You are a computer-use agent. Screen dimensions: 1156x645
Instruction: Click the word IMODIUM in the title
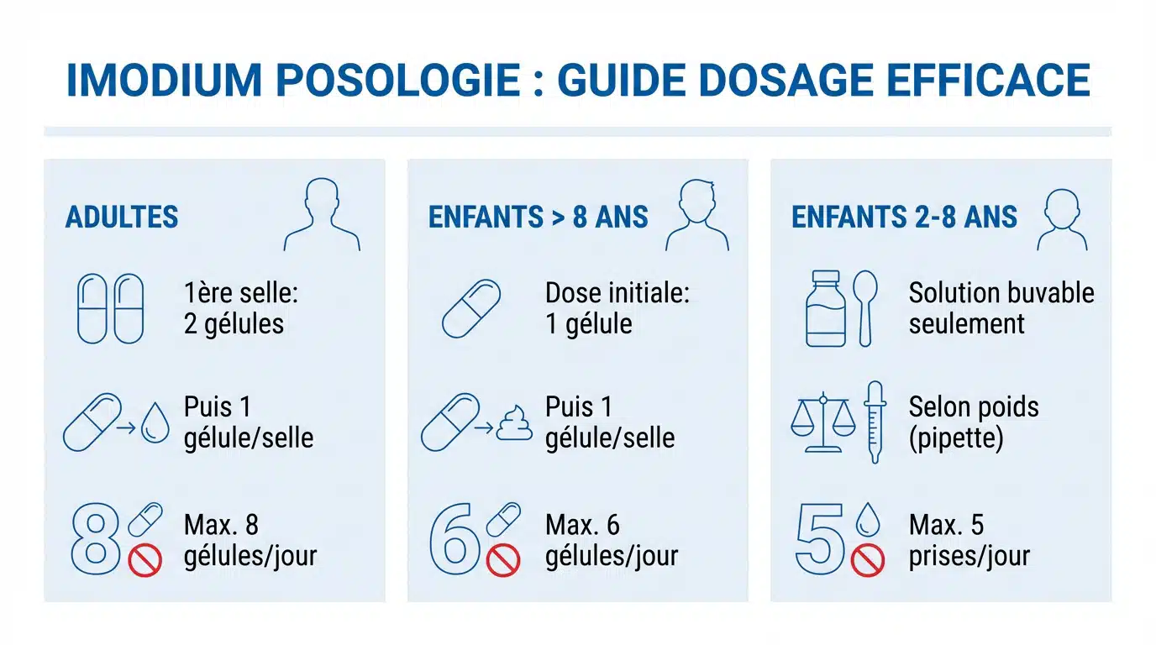click(164, 80)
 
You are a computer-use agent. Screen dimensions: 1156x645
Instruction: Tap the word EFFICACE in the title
click(989, 80)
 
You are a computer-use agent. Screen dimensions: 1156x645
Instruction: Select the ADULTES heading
click(122, 217)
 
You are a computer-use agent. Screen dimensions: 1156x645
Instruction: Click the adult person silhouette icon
click(322, 215)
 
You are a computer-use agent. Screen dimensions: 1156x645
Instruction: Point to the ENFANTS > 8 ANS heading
click(539, 217)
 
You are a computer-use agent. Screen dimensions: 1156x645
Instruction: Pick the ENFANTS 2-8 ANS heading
click(904, 217)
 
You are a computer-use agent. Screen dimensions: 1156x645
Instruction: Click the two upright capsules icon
click(110, 308)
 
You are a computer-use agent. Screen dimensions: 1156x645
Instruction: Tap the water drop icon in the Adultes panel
click(155, 422)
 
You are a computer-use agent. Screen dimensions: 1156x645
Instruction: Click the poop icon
click(514, 422)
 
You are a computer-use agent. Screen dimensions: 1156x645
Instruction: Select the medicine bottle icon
click(826, 308)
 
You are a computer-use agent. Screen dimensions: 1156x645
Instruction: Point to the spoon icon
click(865, 308)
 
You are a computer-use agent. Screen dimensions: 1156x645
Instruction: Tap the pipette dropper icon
click(875, 422)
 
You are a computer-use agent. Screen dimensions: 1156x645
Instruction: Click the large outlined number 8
click(96, 539)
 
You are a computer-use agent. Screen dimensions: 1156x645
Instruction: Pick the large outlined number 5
click(819, 539)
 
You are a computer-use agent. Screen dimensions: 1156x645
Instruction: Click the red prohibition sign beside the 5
click(868, 560)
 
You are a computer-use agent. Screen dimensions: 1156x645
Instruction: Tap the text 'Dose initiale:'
click(617, 293)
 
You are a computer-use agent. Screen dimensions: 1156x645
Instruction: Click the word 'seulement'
click(967, 324)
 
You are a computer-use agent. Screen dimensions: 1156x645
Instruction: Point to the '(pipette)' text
click(956, 438)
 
